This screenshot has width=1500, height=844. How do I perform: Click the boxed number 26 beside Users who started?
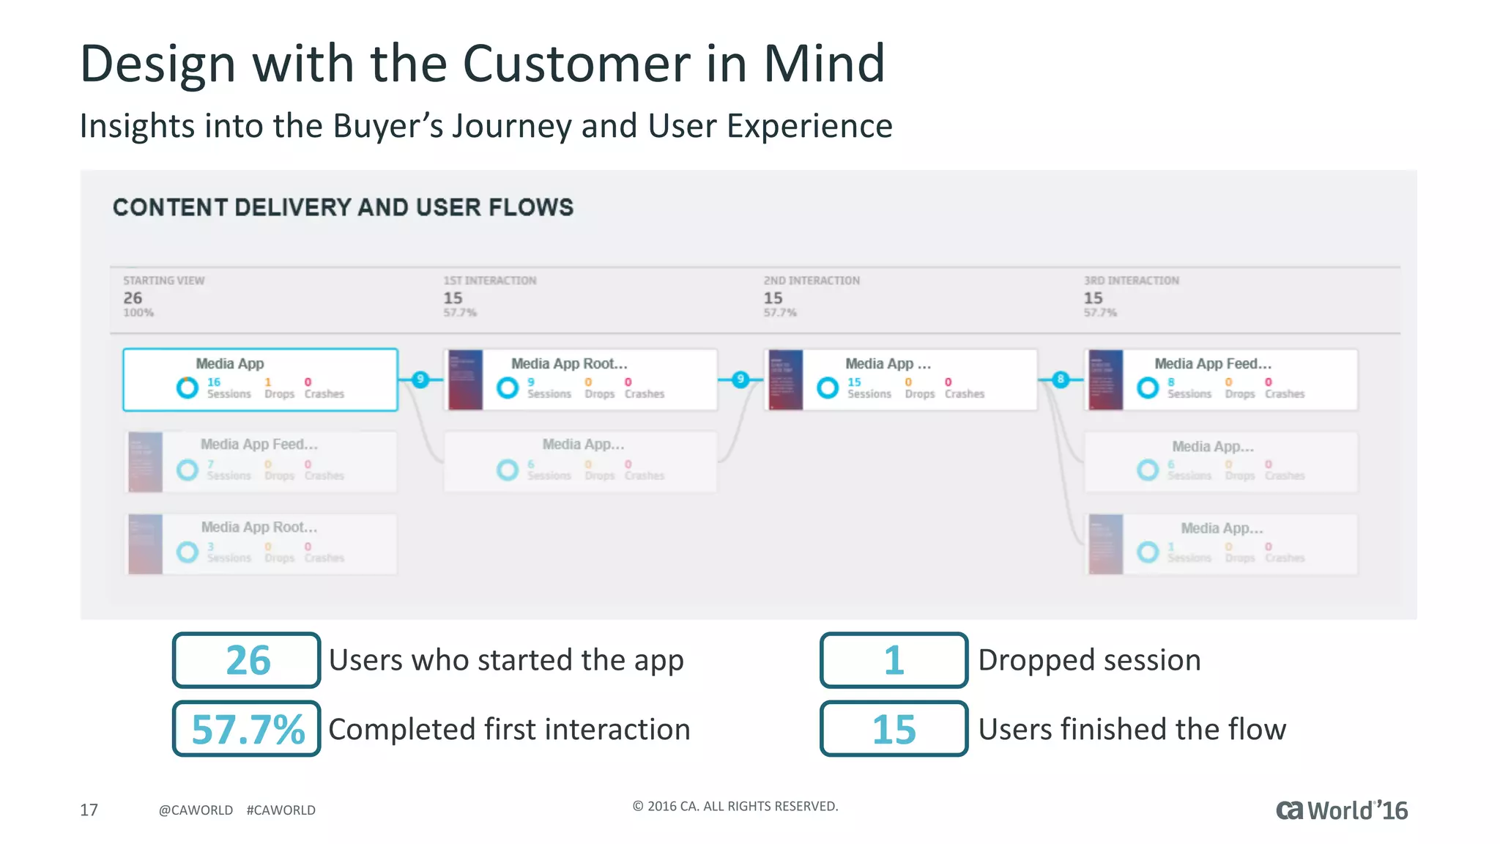point(247,660)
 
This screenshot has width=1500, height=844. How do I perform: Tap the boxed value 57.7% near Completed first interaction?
point(247,729)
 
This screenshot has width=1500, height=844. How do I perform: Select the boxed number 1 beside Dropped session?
point(894,660)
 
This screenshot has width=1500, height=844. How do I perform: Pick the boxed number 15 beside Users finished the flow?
point(894,729)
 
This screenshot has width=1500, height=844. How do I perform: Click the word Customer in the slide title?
point(576,64)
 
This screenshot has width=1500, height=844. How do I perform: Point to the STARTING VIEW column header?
point(163,281)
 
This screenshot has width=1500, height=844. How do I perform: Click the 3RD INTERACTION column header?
point(1131,281)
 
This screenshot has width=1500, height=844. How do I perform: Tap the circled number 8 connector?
point(1060,379)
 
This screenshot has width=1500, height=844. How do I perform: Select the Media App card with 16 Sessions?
point(260,379)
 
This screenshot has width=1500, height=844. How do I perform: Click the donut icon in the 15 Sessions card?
point(828,388)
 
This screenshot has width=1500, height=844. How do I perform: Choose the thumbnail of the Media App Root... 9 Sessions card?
point(465,380)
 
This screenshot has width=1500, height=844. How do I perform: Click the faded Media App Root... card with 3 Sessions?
point(260,544)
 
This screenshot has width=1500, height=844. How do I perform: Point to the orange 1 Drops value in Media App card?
point(268,382)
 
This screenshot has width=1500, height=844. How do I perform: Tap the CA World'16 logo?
point(1341,810)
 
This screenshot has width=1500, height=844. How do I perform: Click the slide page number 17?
point(89,810)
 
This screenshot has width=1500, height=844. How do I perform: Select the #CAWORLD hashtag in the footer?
point(281,810)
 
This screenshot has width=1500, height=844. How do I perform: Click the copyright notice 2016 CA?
point(735,806)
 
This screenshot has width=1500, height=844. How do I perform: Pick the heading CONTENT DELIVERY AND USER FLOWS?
point(343,207)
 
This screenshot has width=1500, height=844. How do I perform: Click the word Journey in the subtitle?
point(511,126)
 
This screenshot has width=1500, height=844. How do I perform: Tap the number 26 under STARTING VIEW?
point(133,298)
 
